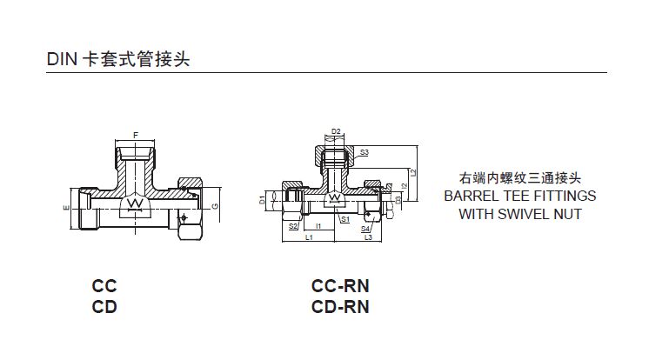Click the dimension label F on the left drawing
click(x=134, y=133)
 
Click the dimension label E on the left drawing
click(x=67, y=209)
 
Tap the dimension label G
click(x=214, y=205)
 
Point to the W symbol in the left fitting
click(x=135, y=203)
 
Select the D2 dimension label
click(x=336, y=132)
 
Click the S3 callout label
click(x=365, y=152)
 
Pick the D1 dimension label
click(x=262, y=201)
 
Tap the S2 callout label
click(x=292, y=226)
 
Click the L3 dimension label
click(x=368, y=237)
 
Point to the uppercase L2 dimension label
click(x=413, y=172)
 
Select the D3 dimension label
click(x=397, y=199)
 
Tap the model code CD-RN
click(x=340, y=306)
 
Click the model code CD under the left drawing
click(x=104, y=306)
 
